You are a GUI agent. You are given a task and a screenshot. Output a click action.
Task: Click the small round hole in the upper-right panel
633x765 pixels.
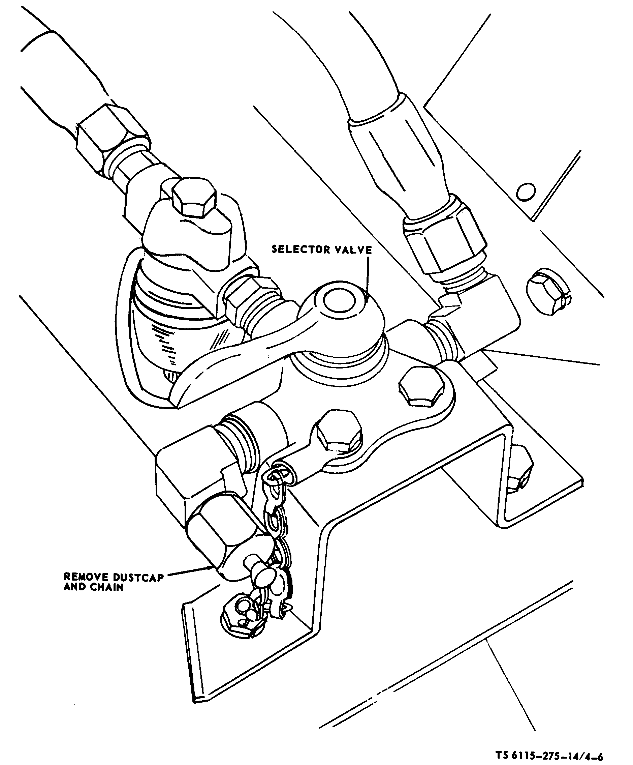pyautogui.click(x=525, y=192)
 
